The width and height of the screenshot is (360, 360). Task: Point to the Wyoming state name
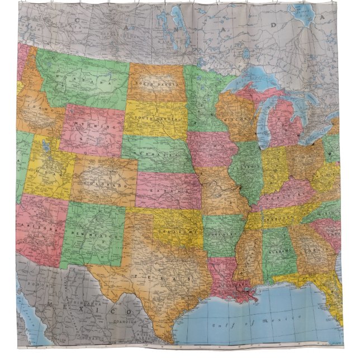[x=94, y=128]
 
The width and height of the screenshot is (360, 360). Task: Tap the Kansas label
[x=168, y=191]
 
